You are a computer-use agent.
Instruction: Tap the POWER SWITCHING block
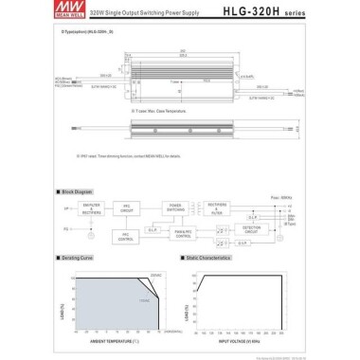click(176, 206)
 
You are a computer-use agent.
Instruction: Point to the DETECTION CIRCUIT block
click(252, 229)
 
